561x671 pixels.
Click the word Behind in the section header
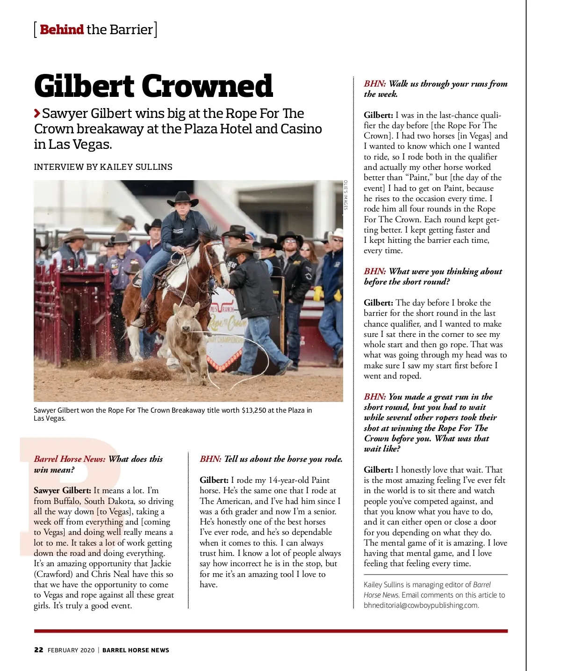(x=62, y=29)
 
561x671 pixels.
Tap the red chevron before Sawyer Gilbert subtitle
(x=37, y=113)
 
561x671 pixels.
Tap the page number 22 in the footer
(x=39, y=650)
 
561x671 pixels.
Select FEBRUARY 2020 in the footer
(x=71, y=650)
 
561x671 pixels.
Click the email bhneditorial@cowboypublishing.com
(x=421, y=605)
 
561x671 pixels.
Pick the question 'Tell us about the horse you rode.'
(x=283, y=459)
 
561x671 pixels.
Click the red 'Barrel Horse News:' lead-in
(x=70, y=459)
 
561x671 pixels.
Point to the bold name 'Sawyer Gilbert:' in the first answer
(x=62, y=490)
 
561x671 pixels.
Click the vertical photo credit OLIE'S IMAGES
(x=346, y=195)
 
